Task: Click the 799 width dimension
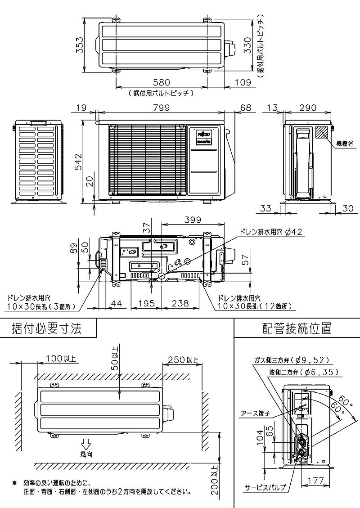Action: point(161,108)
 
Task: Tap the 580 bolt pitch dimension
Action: point(161,82)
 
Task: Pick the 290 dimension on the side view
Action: point(308,108)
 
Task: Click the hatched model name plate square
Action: point(322,132)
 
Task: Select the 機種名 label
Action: point(345,144)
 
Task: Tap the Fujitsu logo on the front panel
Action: point(205,134)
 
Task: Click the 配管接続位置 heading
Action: point(297,328)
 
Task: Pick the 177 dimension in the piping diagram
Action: point(317,481)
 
